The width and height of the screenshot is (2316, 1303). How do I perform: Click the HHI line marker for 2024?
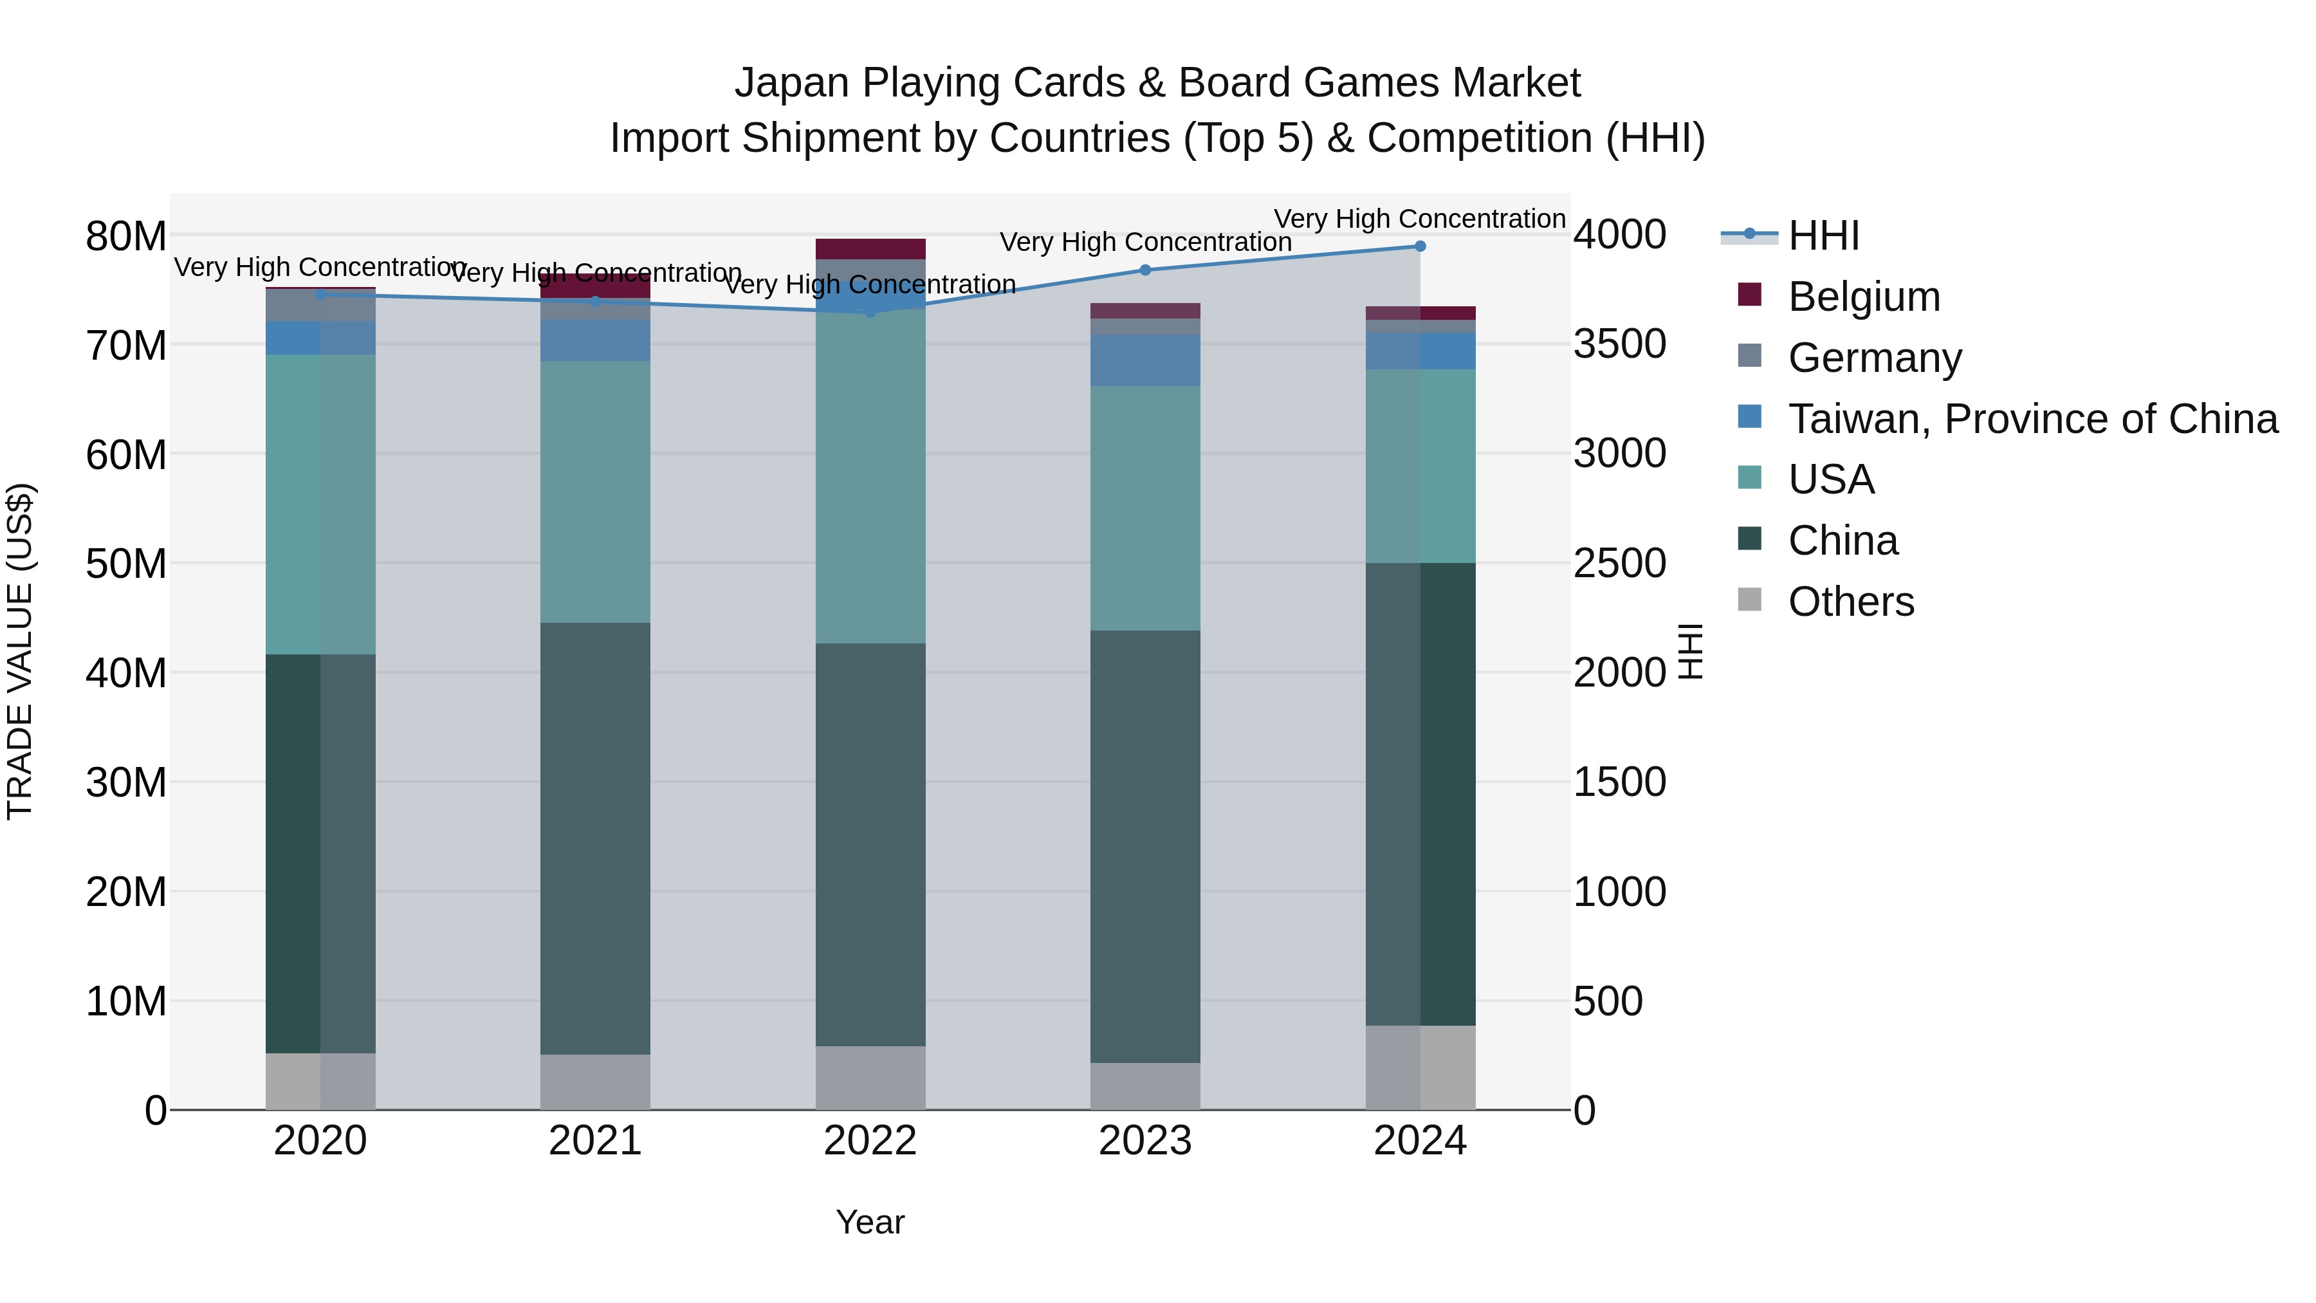[x=1420, y=246]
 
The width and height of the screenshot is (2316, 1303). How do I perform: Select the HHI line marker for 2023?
[x=1144, y=270]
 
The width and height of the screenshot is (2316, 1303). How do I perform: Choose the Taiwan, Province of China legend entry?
[x=2032, y=419]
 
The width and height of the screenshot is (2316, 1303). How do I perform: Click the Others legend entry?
[x=1850, y=602]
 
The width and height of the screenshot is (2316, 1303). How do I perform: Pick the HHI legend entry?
[x=1823, y=236]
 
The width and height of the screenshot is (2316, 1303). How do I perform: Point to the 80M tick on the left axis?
[x=126, y=237]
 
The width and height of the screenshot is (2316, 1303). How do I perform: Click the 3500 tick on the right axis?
[x=1619, y=344]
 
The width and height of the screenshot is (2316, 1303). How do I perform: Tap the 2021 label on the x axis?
[x=595, y=1141]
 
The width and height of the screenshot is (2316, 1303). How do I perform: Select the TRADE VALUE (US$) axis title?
[x=20, y=651]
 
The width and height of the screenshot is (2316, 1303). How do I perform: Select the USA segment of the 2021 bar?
[x=595, y=492]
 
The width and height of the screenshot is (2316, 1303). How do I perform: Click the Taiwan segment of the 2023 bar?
[x=1144, y=360]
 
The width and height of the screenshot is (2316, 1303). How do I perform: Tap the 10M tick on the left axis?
[x=126, y=1001]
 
